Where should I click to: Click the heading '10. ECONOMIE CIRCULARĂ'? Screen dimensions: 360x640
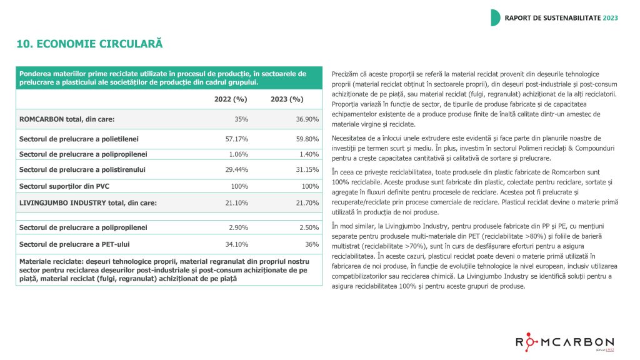(x=89, y=44)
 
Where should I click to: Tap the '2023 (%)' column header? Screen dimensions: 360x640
(x=287, y=99)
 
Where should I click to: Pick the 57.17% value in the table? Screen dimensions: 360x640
(x=236, y=138)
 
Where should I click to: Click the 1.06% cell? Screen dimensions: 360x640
(x=239, y=154)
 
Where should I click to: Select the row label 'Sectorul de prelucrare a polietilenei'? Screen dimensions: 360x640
(x=79, y=138)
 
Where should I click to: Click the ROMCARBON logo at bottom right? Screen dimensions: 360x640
(x=564, y=342)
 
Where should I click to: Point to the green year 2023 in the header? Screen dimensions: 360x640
(x=610, y=17)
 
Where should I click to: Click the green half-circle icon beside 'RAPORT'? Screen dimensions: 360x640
(x=495, y=17)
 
